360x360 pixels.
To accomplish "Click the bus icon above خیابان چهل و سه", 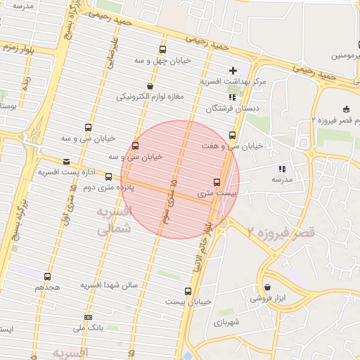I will (162, 49).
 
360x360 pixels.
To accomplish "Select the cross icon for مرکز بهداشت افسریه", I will (233, 70).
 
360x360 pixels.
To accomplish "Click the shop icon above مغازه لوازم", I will (150, 86).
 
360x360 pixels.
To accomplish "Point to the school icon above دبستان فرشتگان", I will (232, 98).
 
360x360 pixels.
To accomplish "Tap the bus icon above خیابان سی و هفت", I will (233, 136).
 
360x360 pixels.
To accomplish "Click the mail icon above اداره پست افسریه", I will (66, 160).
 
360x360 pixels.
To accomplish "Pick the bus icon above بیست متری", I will (216, 181).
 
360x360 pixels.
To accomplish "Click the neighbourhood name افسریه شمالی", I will (112, 220).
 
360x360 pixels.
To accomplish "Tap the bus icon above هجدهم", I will (47, 276).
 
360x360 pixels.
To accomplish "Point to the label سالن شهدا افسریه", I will (112, 285).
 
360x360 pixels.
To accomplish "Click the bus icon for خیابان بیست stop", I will (188, 290).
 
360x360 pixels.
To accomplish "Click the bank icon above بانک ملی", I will (88, 316).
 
